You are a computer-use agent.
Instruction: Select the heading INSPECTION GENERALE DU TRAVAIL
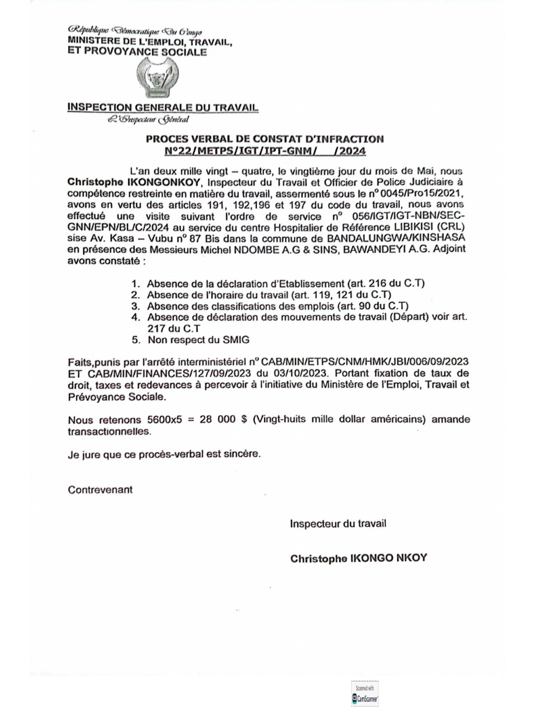click(x=162, y=107)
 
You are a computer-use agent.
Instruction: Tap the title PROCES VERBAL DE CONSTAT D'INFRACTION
click(x=264, y=139)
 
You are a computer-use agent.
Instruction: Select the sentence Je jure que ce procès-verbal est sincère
click(x=165, y=453)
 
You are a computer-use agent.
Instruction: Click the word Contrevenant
click(x=100, y=489)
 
